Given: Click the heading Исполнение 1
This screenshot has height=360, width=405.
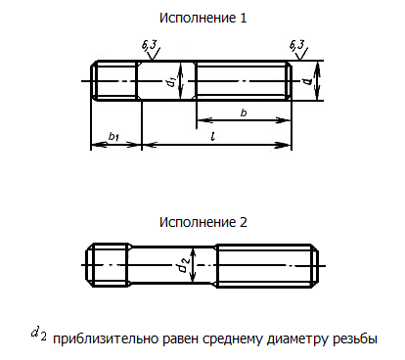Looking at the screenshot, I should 202,18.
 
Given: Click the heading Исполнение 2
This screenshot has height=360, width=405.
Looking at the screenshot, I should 202,222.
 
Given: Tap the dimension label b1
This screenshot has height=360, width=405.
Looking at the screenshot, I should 113,135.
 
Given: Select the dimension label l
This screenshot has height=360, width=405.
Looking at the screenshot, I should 213,135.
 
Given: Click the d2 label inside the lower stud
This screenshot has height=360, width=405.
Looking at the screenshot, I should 182,264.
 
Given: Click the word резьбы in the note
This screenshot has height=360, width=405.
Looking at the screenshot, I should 356,339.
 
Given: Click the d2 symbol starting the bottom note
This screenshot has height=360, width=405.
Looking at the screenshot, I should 38,335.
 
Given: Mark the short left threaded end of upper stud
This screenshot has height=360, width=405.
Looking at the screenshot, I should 113,80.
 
